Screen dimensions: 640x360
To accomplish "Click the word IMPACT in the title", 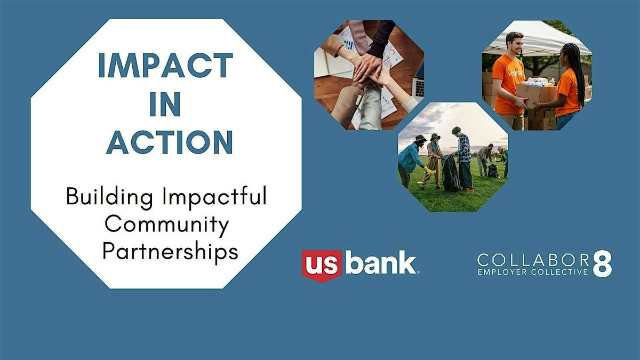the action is coord(165,66).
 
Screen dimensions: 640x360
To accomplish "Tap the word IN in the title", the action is coord(165,104).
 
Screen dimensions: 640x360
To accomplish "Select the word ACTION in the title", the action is coord(170,142).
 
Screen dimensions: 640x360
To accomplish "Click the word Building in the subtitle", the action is coord(109,197).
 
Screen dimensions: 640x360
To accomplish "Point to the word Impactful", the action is coord(214,196).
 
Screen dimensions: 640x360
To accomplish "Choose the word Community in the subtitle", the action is coord(167,225).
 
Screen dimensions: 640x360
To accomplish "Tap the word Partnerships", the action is coord(170,251).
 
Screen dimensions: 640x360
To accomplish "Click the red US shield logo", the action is coord(322,266).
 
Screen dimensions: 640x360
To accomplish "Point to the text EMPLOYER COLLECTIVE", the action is coord(533,271).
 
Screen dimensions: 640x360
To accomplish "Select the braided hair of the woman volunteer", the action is coord(575,71).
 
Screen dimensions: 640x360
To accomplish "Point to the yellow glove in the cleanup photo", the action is coord(428,170).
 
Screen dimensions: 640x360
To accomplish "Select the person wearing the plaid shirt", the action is coord(463,159).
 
